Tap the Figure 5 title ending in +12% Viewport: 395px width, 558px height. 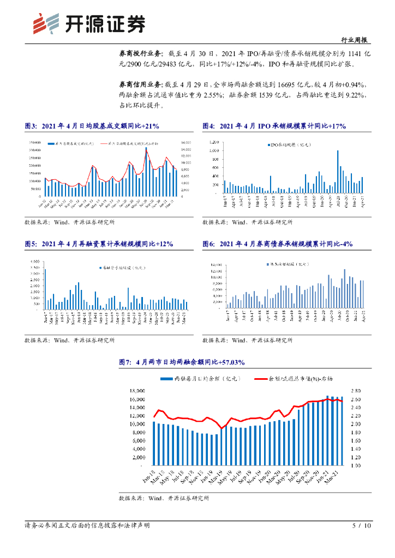tap(98, 244)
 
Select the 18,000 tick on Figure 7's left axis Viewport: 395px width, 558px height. tap(136, 391)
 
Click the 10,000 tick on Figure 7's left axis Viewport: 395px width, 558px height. tap(136, 424)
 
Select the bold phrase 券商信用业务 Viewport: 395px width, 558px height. tap(140, 84)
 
